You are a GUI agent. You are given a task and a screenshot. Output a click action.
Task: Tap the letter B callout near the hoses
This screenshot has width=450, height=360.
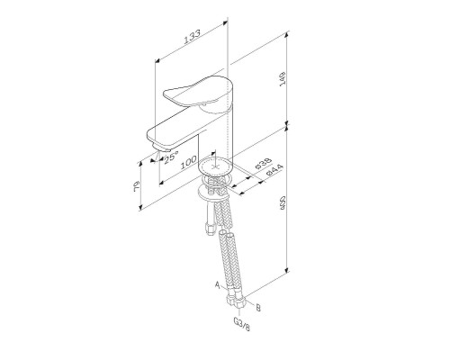(258, 308)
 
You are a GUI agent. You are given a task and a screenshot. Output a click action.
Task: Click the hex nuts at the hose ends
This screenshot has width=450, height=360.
(236, 293)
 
